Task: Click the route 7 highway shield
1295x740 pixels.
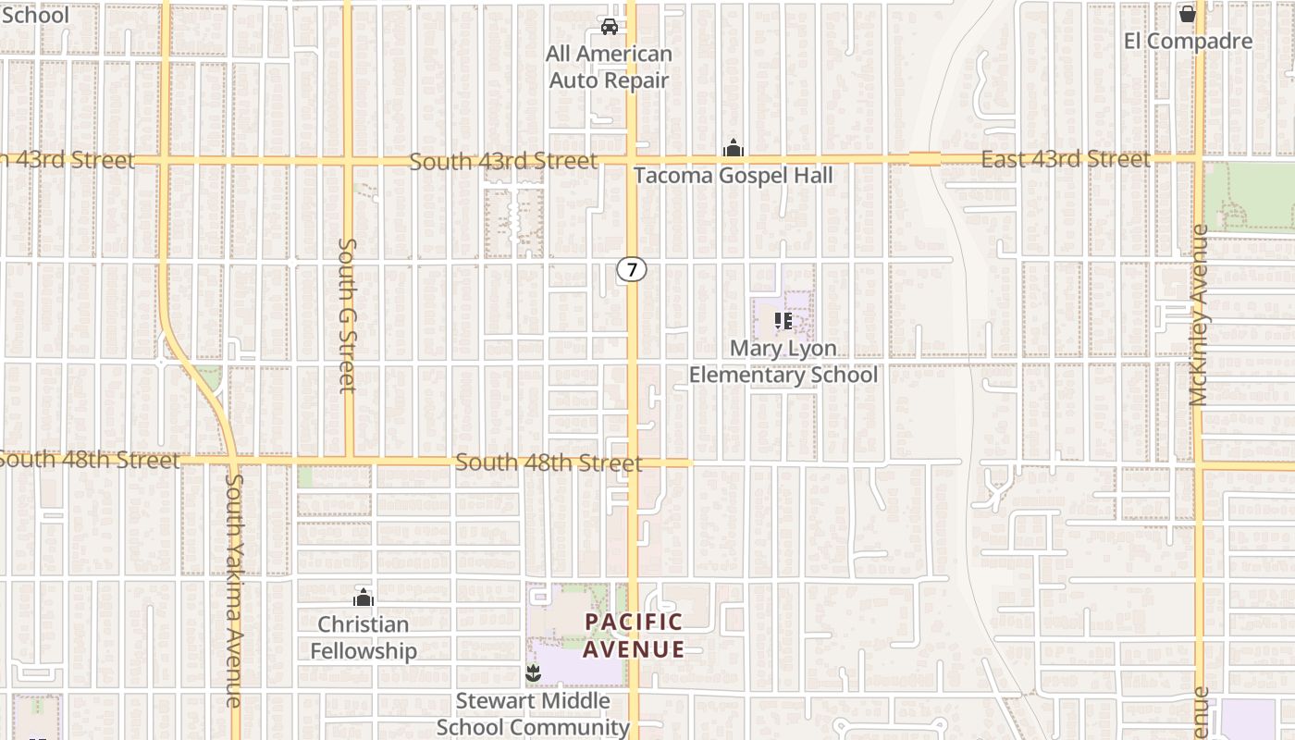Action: click(x=632, y=269)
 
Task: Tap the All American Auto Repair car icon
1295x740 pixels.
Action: click(x=610, y=26)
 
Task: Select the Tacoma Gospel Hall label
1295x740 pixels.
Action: click(x=733, y=176)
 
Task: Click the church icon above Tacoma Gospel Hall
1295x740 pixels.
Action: click(x=733, y=148)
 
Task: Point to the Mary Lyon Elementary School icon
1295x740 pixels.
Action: click(x=783, y=321)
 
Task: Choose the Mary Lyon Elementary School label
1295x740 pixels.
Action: click(x=783, y=362)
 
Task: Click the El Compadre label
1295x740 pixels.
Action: click(x=1188, y=41)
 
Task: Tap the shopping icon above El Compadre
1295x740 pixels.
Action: click(x=1188, y=14)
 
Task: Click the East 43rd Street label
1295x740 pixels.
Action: click(x=1065, y=159)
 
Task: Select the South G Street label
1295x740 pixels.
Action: click(x=348, y=314)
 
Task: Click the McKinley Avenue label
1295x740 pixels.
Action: click(x=1199, y=314)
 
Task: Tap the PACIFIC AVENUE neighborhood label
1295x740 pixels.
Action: click(x=634, y=635)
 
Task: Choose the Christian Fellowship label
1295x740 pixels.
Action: click(x=363, y=637)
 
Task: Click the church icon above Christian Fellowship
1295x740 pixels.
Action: click(x=363, y=598)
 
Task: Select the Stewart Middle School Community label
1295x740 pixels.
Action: click(x=533, y=713)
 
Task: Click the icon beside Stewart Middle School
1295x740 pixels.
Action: click(x=532, y=672)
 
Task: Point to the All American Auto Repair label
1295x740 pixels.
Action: click(x=610, y=68)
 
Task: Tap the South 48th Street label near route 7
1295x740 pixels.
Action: click(x=549, y=462)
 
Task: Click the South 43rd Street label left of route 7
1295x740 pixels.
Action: click(x=503, y=161)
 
